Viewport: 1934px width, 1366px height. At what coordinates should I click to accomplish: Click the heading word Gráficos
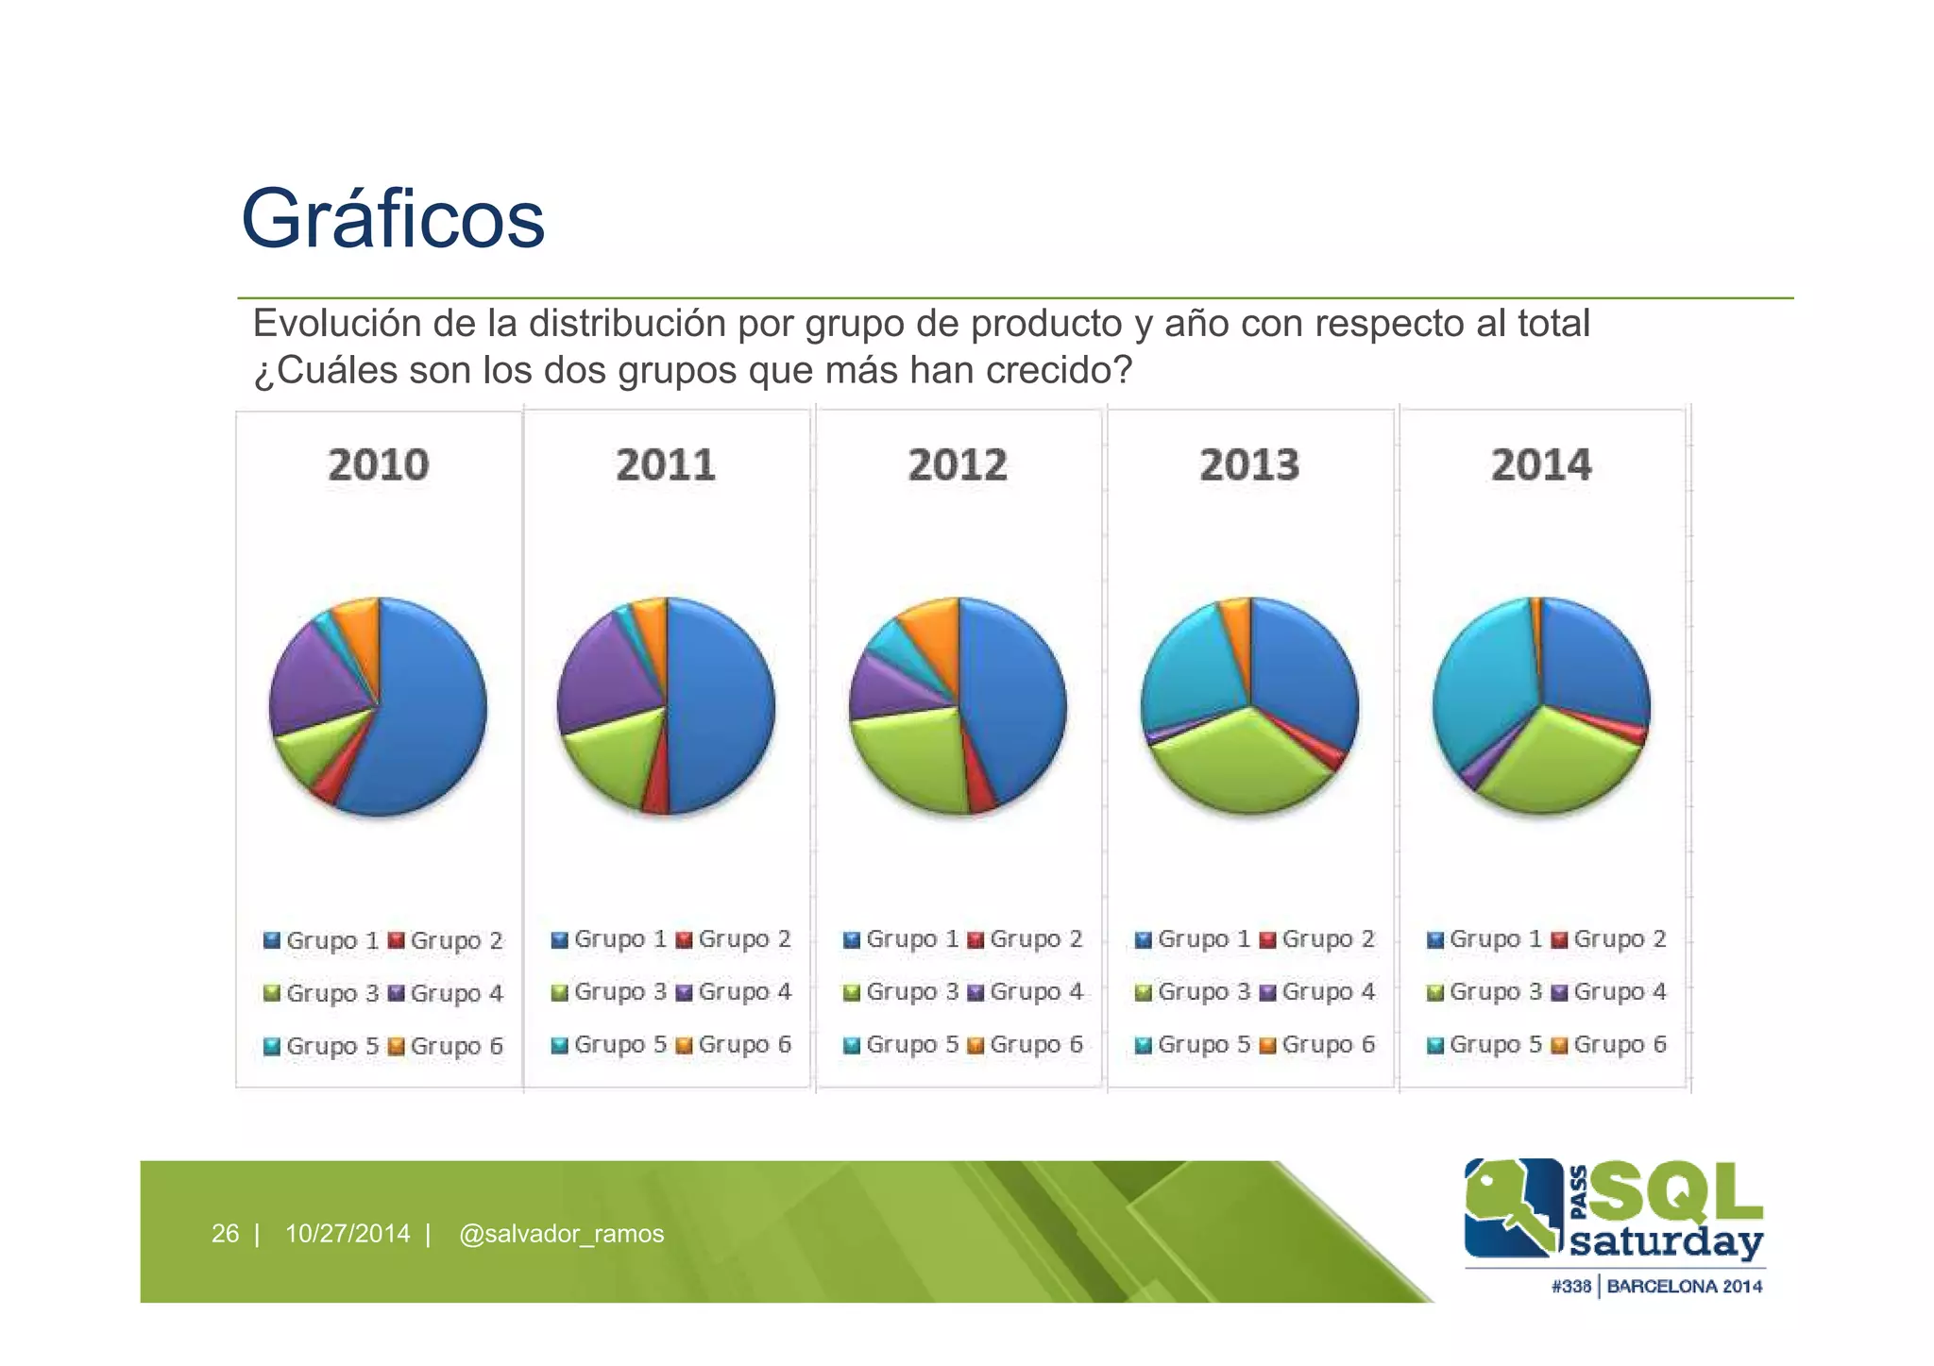393,219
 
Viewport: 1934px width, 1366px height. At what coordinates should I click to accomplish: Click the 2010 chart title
378,465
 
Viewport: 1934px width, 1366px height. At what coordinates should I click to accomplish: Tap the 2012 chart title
958,465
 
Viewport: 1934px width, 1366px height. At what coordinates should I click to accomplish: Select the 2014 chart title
1541,465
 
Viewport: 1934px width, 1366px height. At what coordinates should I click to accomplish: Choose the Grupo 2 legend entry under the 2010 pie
446,941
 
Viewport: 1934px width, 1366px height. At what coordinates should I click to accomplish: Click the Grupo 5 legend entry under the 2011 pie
610,1045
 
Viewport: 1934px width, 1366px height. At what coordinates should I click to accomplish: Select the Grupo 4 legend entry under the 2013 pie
1318,992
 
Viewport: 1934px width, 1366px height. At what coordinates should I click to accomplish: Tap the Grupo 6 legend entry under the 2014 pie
1610,1045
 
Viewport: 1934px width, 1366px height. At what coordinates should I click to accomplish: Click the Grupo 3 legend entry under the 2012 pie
902,992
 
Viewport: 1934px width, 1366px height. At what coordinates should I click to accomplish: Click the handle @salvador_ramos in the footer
561,1234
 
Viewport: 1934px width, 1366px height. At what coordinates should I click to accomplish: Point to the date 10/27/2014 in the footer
348,1234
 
